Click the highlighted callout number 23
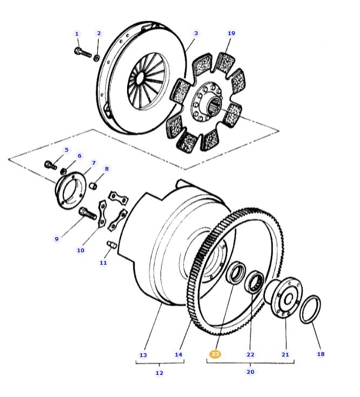[x=215, y=354]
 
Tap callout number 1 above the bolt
[x=77, y=34]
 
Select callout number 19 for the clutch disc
[x=231, y=33]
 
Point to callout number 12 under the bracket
[x=159, y=373]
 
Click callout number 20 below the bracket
[x=250, y=372]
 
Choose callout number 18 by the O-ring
[x=321, y=354]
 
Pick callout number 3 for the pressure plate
[x=196, y=33]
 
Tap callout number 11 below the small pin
[x=103, y=263]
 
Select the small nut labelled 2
[x=96, y=57]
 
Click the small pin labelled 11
[x=111, y=246]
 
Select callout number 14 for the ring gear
[x=178, y=354]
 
